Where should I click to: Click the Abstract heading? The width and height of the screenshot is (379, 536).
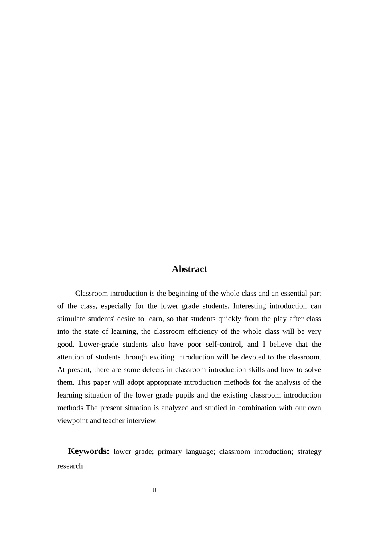coord(189,269)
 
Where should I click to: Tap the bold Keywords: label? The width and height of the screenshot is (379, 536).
coord(89,451)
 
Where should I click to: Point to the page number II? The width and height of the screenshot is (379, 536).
coord(154,490)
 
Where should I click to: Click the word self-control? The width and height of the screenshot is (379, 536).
coord(224,344)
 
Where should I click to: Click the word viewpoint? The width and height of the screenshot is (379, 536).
coord(73,421)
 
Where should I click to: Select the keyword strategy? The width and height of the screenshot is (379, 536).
coord(309,451)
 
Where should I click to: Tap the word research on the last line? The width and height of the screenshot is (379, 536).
coord(70,466)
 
